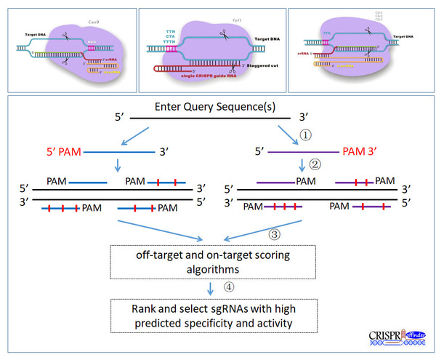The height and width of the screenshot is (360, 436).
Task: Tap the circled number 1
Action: point(304,134)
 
